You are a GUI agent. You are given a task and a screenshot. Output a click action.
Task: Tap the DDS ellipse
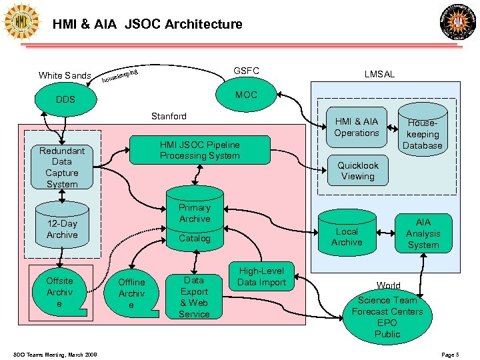(x=65, y=100)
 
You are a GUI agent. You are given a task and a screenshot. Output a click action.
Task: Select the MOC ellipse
(x=246, y=95)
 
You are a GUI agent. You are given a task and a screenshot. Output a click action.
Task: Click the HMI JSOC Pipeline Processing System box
(x=199, y=150)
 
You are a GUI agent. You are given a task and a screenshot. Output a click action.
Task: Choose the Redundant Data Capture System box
(x=62, y=167)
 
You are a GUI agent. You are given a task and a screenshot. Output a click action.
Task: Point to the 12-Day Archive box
(x=62, y=229)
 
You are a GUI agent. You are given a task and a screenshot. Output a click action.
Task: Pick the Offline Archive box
(x=131, y=293)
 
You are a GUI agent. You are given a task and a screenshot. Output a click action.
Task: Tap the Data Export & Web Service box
(x=194, y=296)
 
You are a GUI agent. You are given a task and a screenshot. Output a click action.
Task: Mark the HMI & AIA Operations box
(x=357, y=127)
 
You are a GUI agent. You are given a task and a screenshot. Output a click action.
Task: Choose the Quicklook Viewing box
(x=358, y=171)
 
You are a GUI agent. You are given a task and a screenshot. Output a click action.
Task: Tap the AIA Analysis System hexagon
(x=423, y=233)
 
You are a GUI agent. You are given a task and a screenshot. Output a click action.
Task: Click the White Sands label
(x=65, y=75)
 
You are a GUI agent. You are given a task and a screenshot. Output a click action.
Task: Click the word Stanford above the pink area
(x=169, y=116)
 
